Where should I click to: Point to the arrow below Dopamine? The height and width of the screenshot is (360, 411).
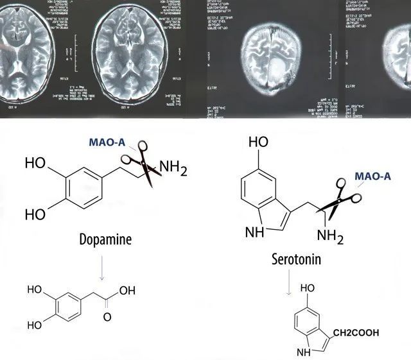(x=101, y=268)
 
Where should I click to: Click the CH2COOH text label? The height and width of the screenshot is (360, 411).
(x=356, y=332)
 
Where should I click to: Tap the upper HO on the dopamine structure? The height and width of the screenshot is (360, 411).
(x=36, y=163)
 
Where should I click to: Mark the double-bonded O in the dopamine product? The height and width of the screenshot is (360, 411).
(x=107, y=317)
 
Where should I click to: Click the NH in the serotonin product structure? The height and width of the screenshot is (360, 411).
(x=302, y=352)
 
